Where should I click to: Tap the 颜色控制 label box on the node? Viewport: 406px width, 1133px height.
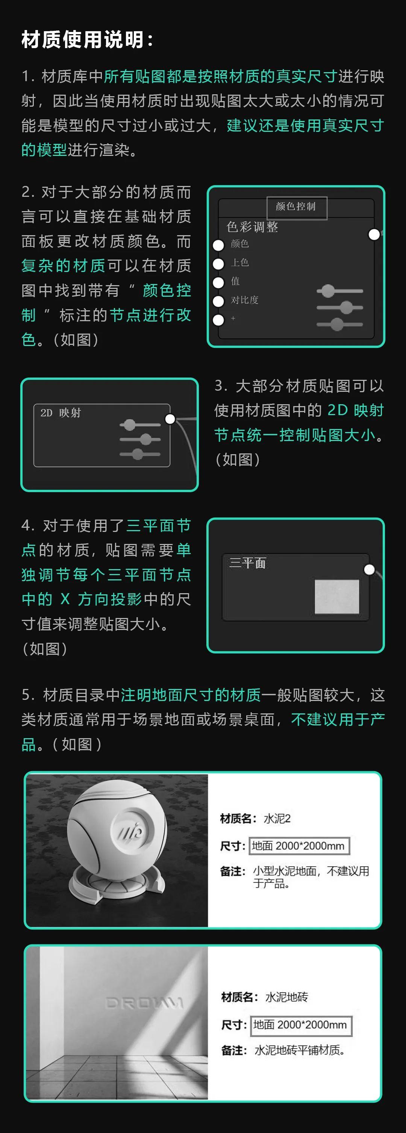pos(296,207)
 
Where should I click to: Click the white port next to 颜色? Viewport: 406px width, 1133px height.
pos(218,245)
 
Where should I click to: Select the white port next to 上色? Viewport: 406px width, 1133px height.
pos(218,264)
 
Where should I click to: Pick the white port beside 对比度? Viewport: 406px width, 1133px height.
pos(218,301)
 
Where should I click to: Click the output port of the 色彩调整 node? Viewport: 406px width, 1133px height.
pos(374,234)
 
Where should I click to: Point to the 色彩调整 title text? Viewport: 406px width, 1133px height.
pos(252,227)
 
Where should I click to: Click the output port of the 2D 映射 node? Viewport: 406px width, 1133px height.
pos(170,419)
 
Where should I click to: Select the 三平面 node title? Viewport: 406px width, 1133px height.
pos(247,563)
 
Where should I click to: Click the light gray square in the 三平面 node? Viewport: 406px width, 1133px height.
pos(337,597)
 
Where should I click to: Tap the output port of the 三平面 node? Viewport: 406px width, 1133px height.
pos(369,570)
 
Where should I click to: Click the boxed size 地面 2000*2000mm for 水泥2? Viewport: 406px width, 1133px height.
pos(299,845)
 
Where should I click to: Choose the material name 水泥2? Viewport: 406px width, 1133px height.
pos(277,818)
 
